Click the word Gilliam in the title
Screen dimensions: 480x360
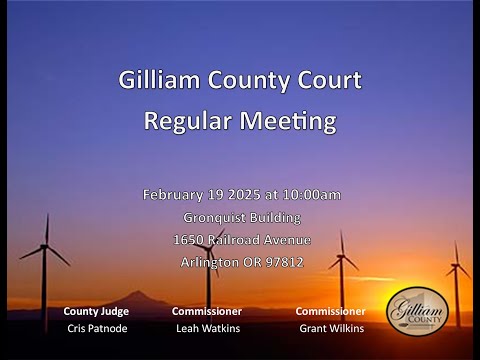coord(159,80)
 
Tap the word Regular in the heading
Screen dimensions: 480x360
coord(188,120)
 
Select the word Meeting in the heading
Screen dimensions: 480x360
coord(288,121)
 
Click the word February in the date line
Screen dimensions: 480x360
coord(172,195)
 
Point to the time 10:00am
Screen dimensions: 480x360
coord(312,194)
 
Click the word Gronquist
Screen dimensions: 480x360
coord(213,218)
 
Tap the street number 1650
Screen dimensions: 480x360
coord(188,240)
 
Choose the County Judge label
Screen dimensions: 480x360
coord(96,311)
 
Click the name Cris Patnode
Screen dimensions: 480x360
coord(97,328)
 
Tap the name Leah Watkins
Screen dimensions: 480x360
coord(208,328)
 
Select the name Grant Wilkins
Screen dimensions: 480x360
coord(332,328)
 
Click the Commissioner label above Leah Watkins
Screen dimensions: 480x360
coord(207,311)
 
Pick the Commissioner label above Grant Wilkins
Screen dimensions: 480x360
coord(330,311)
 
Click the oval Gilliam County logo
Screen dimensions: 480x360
coord(417,311)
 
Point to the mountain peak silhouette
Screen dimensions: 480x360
coord(137,292)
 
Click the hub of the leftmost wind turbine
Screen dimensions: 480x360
coord(44,247)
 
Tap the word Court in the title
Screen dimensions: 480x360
coord(329,80)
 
